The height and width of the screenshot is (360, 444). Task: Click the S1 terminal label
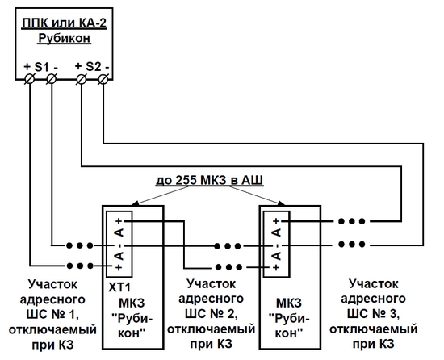tap(41, 67)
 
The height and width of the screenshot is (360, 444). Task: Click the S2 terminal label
tap(93, 66)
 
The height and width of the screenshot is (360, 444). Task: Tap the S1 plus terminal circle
tap(29, 79)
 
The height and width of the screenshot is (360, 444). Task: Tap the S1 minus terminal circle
tap(51, 79)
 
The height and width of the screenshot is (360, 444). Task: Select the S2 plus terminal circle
tap(82, 79)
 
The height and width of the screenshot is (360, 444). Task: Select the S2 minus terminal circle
tap(103, 79)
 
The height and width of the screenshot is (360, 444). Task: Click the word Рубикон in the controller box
tap(65, 38)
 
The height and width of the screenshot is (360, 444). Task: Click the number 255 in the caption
tap(186, 180)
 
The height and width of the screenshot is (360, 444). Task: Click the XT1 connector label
tap(119, 287)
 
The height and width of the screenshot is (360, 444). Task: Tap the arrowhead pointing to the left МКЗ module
tap(135, 203)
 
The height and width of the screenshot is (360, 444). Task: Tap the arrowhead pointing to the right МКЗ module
tap(281, 203)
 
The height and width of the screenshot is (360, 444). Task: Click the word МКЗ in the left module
tap(132, 303)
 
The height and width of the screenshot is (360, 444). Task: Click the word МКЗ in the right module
tap(289, 303)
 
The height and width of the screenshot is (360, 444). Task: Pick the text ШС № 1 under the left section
tap(52, 315)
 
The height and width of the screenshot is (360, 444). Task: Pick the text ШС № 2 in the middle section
tap(211, 314)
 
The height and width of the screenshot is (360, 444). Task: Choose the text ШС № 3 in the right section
tap(373, 314)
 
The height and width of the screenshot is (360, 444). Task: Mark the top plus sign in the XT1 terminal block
tap(119, 220)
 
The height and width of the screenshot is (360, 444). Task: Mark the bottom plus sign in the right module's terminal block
tap(277, 267)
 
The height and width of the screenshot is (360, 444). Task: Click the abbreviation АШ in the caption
tap(253, 180)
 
